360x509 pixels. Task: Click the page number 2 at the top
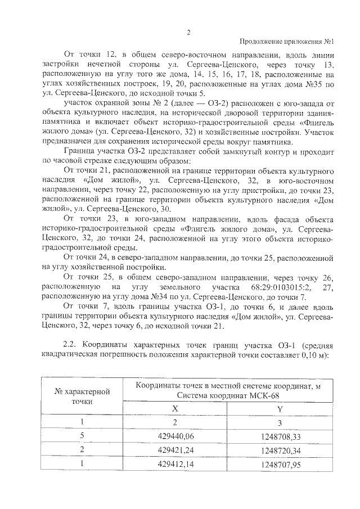pyautogui.click(x=188, y=32)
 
